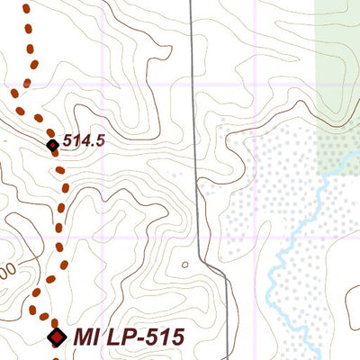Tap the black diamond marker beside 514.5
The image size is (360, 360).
tap(52, 144)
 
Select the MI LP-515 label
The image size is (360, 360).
tap(129, 337)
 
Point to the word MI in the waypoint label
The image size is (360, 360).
tap(85, 337)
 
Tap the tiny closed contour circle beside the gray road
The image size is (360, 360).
tap(185, 265)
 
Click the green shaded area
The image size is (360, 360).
tap(337, 54)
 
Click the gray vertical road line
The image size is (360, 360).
tap(193, 90)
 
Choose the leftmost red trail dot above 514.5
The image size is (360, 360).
tap(14, 93)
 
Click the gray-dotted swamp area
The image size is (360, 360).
tap(261, 180)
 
